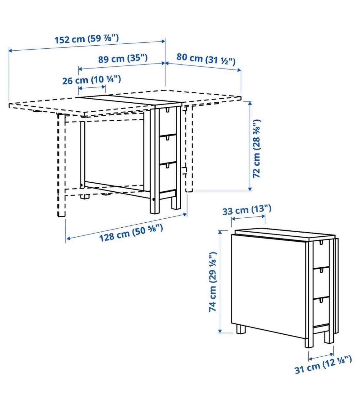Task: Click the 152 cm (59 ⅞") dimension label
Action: (86, 39)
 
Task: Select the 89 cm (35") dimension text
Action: (123, 58)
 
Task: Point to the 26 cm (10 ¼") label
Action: (91, 80)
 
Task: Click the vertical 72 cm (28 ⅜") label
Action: (257, 149)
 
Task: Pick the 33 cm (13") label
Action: (247, 210)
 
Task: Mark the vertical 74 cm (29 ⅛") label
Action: (213, 282)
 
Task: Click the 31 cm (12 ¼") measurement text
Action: (323, 364)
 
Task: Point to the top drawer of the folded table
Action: (321, 253)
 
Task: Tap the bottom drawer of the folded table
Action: (321, 310)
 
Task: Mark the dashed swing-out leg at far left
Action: (61, 164)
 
